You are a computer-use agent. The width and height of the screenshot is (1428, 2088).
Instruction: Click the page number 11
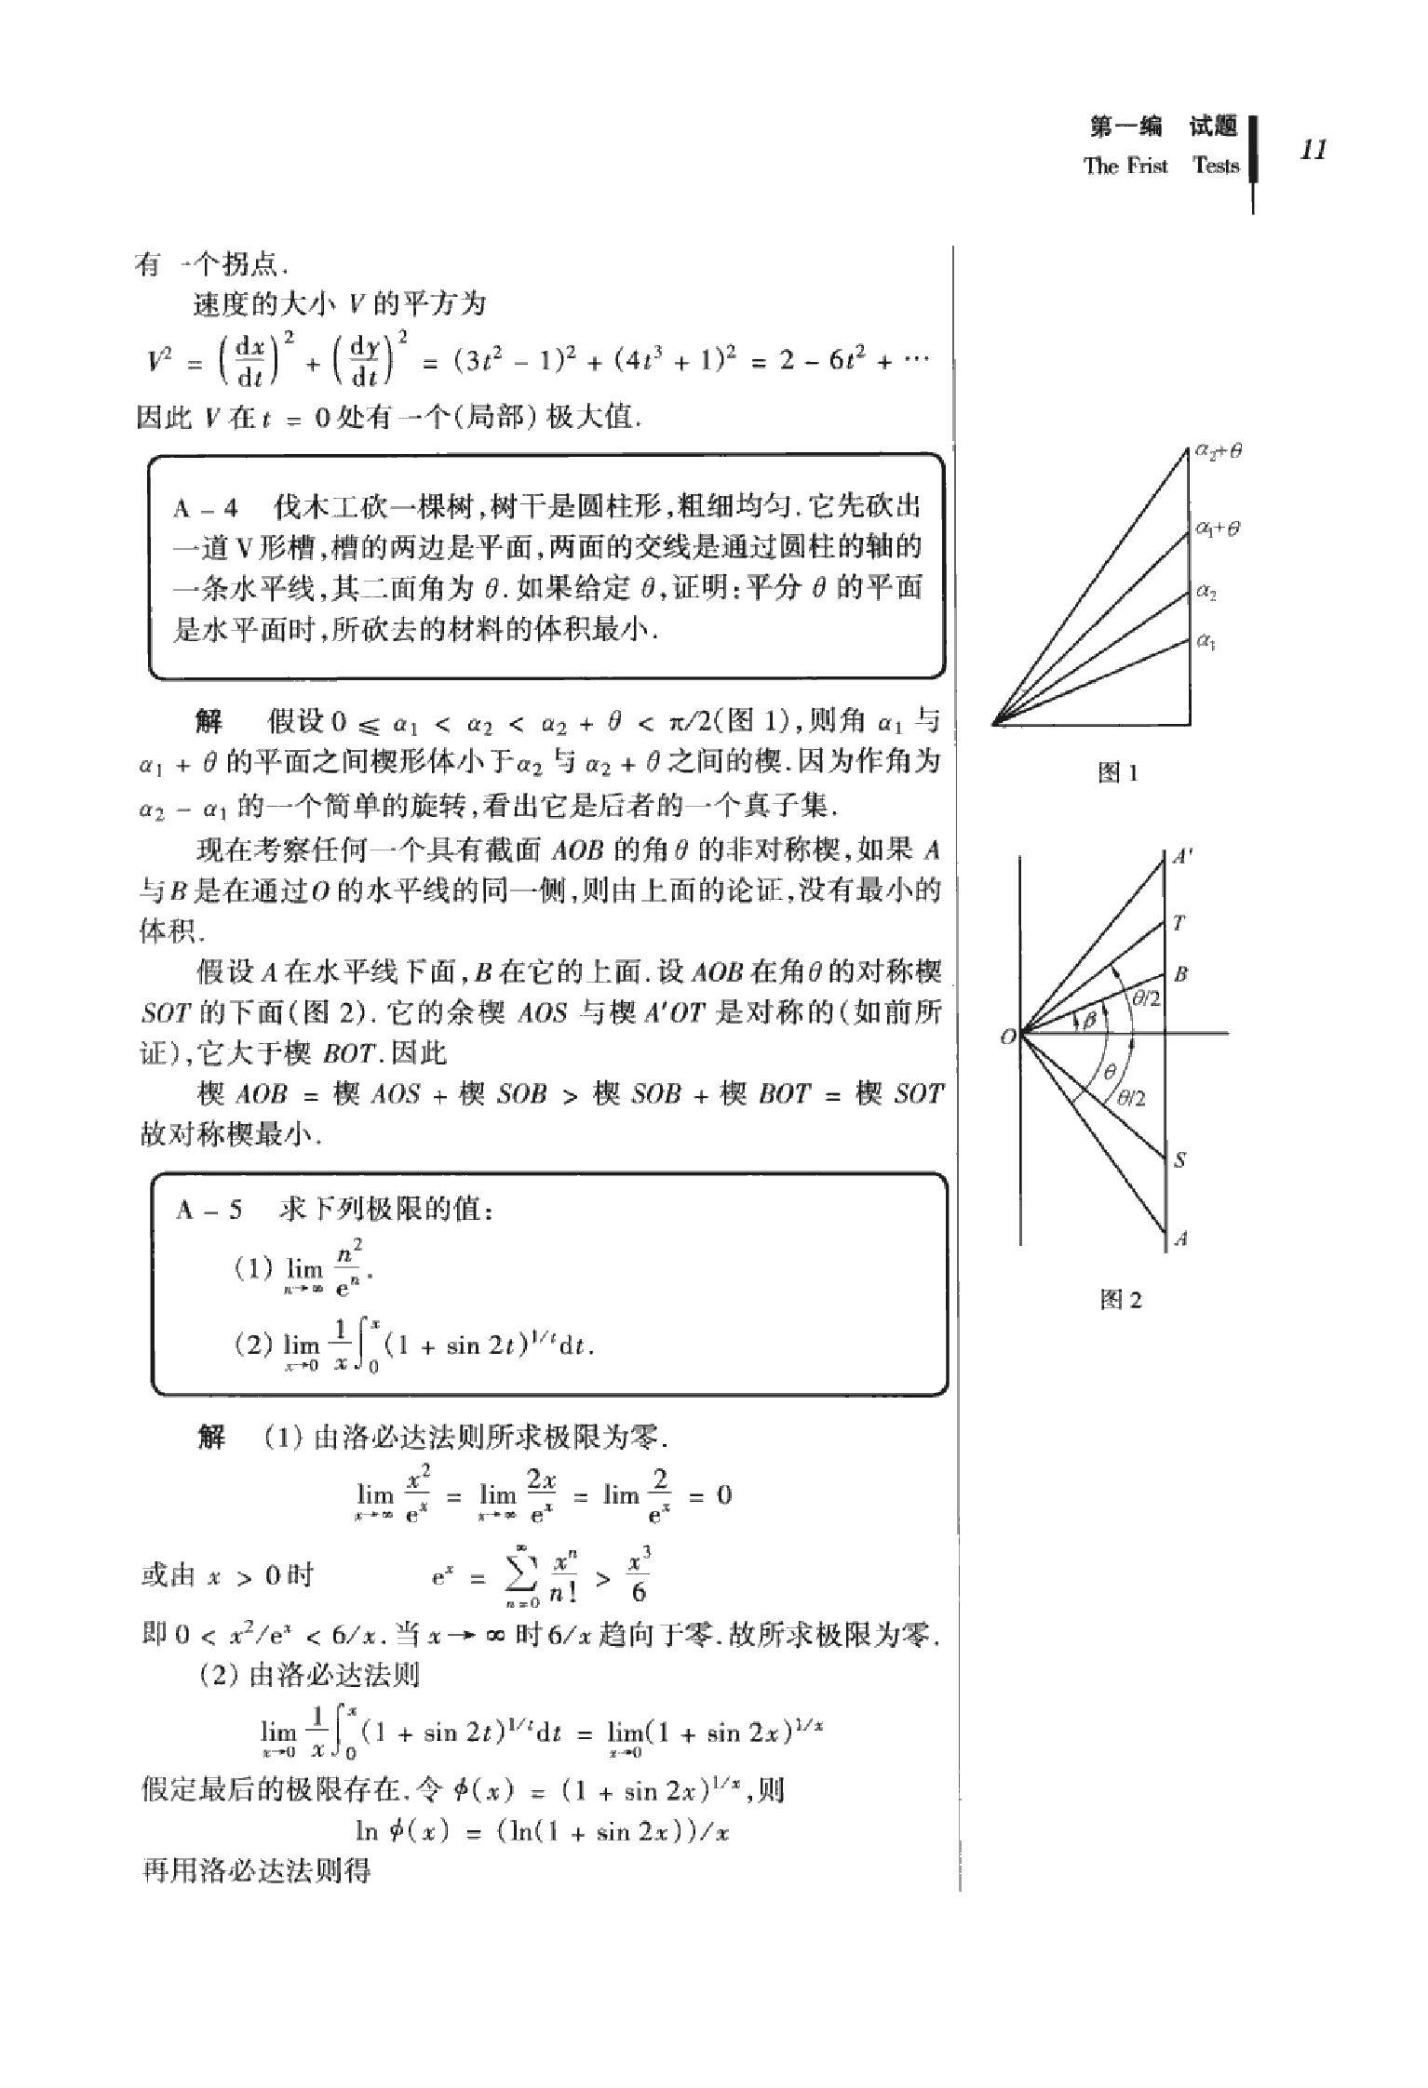(x=1313, y=151)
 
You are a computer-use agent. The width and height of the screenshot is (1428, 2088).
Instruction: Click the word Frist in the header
(x=1146, y=166)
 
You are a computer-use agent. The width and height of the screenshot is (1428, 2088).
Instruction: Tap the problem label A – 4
(x=206, y=508)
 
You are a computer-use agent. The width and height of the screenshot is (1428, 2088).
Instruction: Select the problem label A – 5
(x=209, y=1210)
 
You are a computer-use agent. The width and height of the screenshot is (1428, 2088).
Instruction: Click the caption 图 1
(x=1118, y=772)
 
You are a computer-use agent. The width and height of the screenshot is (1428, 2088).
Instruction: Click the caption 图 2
(x=1120, y=1301)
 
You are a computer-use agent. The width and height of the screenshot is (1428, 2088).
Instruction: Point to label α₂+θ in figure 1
(x=1219, y=451)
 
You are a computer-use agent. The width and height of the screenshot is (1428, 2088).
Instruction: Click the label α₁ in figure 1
(x=1206, y=640)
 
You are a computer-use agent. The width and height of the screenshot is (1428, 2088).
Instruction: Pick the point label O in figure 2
(x=1007, y=1037)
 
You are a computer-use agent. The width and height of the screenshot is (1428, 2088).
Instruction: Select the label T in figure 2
(x=1179, y=923)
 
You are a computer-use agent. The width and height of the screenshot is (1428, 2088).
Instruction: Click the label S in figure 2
(x=1180, y=1160)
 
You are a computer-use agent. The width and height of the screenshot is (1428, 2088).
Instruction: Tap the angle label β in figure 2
(x=1086, y=1021)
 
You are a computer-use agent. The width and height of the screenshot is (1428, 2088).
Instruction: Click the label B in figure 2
(x=1180, y=974)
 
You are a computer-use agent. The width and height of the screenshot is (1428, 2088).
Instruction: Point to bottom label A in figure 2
(x=1180, y=1238)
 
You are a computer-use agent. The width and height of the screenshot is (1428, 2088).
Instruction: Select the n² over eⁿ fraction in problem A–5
(x=349, y=1267)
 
